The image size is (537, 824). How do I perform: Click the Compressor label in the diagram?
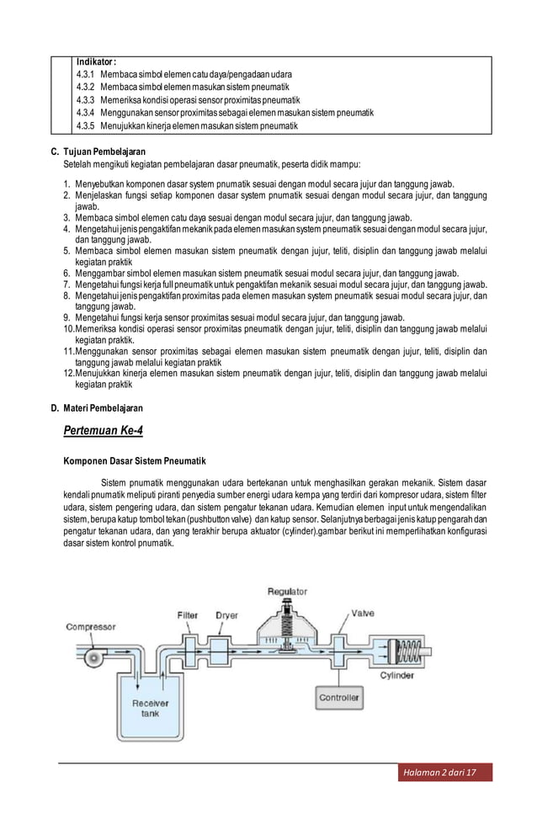(x=91, y=627)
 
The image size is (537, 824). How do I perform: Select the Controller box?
(x=339, y=698)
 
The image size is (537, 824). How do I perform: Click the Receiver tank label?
(x=150, y=708)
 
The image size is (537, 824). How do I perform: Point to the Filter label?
(x=187, y=615)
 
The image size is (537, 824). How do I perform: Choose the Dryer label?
(x=226, y=615)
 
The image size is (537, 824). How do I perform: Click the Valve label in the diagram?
(x=363, y=612)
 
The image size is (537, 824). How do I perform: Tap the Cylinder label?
(x=396, y=676)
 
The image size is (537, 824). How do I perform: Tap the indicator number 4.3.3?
(x=85, y=99)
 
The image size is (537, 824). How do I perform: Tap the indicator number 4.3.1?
(x=85, y=74)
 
